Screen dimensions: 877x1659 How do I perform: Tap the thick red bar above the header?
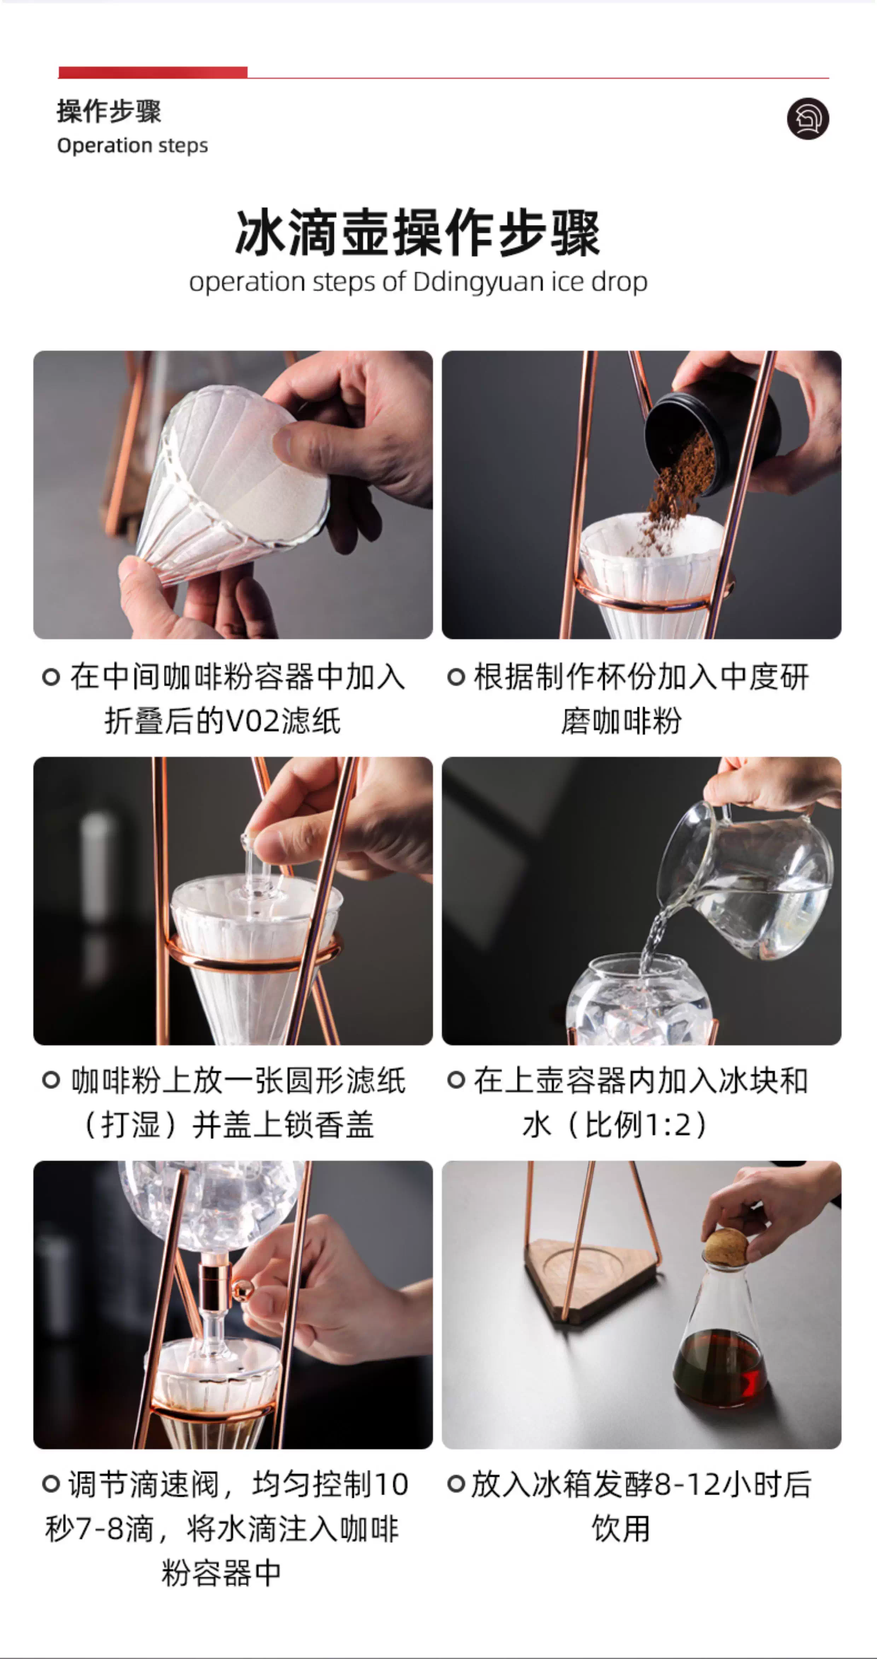pyautogui.click(x=153, y=72)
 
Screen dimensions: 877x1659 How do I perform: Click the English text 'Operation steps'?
pyautogui.click(x=133, y=146)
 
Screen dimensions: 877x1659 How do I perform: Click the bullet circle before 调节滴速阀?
pyautogui.click(x=52, y=1484)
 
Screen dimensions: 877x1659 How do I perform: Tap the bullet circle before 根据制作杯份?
pyautogui.click(x=456, y=677)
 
